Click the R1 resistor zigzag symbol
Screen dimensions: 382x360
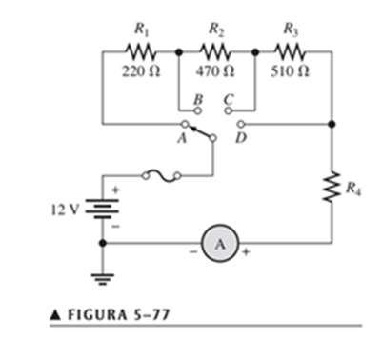pyautogui.click(x=141, y=51)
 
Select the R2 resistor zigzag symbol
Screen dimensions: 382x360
pyautogui.click(x=216, y=51)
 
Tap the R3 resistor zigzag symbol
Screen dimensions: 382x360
pyautogui.click(x=291, y=51)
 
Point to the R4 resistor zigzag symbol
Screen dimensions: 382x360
pyautogui.click(x=332, y=187)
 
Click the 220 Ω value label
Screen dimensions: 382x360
pyautogui.click(x=141, y=71)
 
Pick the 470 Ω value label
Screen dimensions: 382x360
pyautogui.click(x=215, y=71)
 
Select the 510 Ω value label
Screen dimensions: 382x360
pyautogui.click(x=291, y=71)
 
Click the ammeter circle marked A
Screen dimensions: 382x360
pyautogui.click(x=220, y=244)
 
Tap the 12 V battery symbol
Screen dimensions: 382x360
pyautogui.click(x=102, y=209)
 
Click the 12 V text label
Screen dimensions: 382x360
pyautogui.click(x=64, y=210)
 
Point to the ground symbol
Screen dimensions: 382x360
pyautogui.click(x=102, y=279)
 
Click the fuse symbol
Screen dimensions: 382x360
pyautogui.click(x=162, y=176)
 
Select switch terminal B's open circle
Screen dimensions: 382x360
pyautogui.click(x=198, y=110)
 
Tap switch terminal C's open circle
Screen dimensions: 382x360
pyautogui.click(x=229, y=110)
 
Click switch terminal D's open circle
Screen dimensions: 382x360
pyautogui.click(x=242, y=124)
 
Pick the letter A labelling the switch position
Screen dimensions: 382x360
pyautogui.click(x=182, y=138)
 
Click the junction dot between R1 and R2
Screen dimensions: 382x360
pyautogui.click(x=179, y=51)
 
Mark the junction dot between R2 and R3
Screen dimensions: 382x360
pyautogui.click(x=255, y=51)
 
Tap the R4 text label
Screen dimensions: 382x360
pyautogui.click(x=353, y=189)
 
